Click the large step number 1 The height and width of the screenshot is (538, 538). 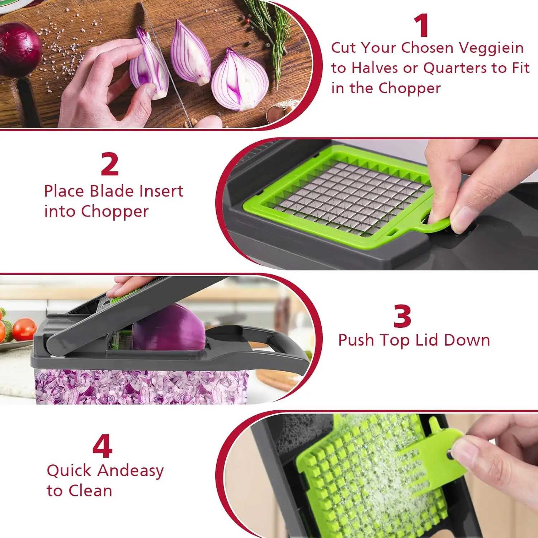(x=422, y=25)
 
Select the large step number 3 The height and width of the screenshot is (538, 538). (x=402, y=316)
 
